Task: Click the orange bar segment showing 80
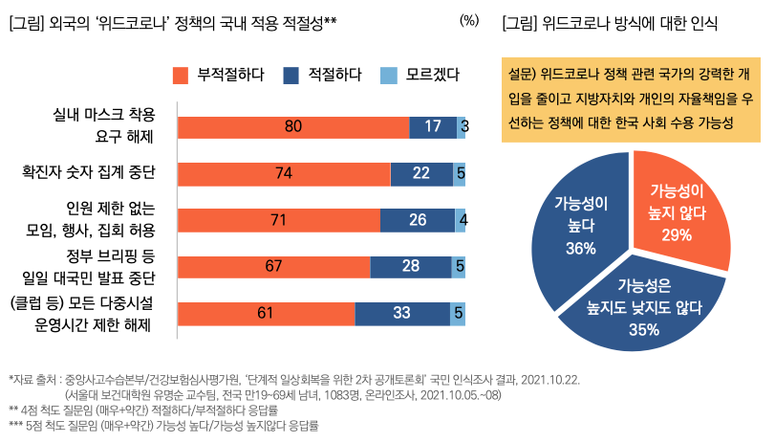[x=293, y=126]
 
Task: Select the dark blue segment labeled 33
[x=402, y=313]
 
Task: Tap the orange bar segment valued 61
[x=267, y=313]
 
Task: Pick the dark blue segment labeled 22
[x=421, y=173]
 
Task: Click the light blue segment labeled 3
[x=462, y=126]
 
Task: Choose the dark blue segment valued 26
[x=417, y=220]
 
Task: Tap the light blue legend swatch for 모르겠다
[x=387, y=75]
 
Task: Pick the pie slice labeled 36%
[x=579, y=230]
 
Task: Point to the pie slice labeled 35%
[x=645, y=306]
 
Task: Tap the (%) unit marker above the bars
[x=469, y=20]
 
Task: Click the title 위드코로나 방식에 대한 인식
[x=624, y=21]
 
